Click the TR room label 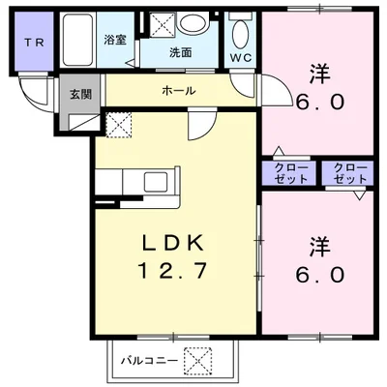click(35, 43)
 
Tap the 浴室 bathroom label click(115, 40)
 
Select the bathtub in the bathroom click(77, 39)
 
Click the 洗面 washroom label click(181, 52)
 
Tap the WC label click(241, 58)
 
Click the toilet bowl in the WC click(240, 35)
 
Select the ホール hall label click(178, 91)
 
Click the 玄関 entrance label click(81, 94)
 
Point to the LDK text click(173, 243)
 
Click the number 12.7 click(172, 270)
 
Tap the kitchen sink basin click(156, 182)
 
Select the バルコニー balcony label click(149, 360)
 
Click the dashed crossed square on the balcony click(197, 361)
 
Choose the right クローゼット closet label click(350, 173)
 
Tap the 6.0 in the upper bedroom click(320, 103)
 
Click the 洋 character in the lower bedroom click(320, 247)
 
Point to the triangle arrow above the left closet click(279, 151)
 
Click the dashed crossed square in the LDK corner click(119, 125)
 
